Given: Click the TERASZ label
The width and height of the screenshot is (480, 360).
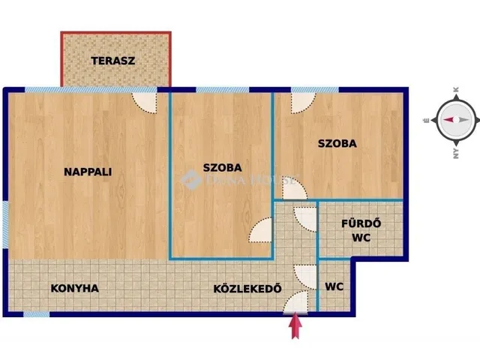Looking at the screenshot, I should coord(113,61).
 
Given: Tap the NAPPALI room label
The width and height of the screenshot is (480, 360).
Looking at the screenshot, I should coord(88,171).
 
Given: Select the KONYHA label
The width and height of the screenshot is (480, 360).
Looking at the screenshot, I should coord(74,288).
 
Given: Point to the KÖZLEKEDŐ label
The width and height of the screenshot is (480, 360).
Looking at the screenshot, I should coord(247,288).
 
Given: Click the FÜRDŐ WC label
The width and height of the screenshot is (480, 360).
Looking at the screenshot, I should coord(361,230).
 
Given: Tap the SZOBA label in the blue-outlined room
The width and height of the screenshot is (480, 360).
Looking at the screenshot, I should coord(222,167).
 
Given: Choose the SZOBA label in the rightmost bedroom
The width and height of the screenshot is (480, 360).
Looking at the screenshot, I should coord(336,143).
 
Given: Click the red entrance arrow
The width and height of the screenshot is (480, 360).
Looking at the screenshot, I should coord(296,326).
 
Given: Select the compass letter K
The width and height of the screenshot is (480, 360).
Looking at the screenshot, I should coord(456,90).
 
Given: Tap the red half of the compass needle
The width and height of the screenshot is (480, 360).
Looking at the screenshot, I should coord(448,120).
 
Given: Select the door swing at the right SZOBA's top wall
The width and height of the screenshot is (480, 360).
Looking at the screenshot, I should coord(302,101).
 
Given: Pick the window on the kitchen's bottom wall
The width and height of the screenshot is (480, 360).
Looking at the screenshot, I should coord(36,314).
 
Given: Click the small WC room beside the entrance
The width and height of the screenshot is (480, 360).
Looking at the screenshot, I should coord(334,287).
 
